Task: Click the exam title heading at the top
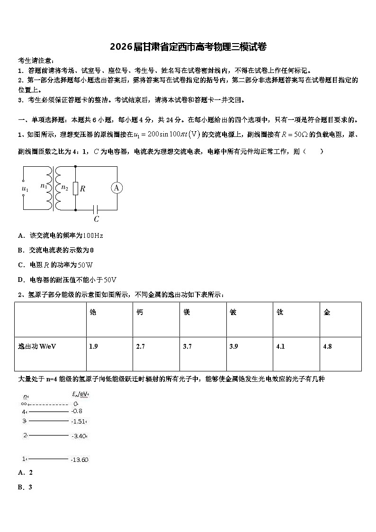coord(188,46)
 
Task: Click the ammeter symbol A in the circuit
coord(116,188)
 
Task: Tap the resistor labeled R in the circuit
coord(76,189)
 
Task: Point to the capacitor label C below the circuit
coord(96,219)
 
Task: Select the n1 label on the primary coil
coord(44,186)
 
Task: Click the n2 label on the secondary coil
coord(65,188)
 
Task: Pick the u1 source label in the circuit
coord(25,189)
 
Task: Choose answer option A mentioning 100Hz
coord(60,235)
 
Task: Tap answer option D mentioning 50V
coord(67,280)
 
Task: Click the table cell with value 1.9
coord(93,346)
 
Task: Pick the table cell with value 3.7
coord(187,346)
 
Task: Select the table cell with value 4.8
coord(327,346)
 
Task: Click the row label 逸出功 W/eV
coord(37,346)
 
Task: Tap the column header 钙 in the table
coord(140,313)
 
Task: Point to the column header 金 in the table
coord(327,313)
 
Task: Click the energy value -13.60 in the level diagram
coord(80,460)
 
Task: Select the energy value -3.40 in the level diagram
coord(79,436)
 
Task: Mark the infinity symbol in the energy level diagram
coord(24,404)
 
